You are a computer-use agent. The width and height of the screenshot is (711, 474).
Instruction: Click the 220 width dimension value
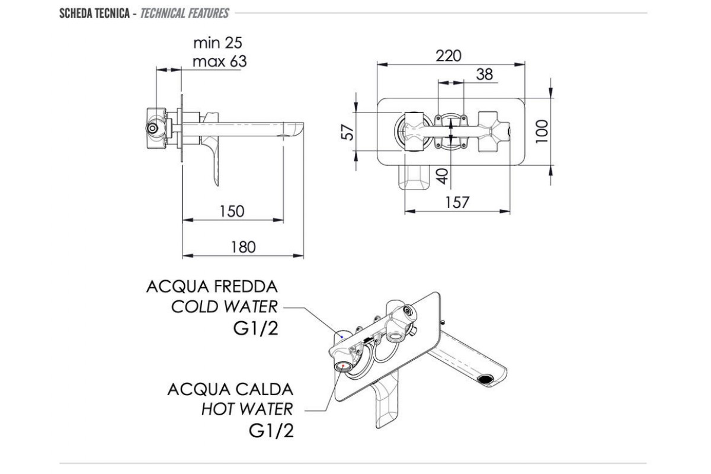click(449, 56)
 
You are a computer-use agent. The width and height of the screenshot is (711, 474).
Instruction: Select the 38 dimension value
click(484, 74)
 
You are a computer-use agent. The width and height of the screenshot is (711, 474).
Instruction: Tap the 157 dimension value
click(457, 202)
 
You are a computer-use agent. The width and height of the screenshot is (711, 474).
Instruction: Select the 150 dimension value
click(231, 211)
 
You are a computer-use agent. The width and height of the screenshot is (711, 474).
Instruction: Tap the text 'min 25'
click(217, 43)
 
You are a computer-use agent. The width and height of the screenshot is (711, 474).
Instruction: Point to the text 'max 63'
click(219, 61)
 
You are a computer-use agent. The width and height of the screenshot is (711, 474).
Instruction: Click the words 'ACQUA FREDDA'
click(212, 287)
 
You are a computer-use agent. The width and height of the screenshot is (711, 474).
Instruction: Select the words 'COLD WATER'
click(224, 307)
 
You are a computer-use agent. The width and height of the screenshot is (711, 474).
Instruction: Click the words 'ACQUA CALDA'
click(230, 389)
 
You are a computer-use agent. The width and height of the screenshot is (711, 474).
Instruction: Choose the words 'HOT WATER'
click(246, 409)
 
